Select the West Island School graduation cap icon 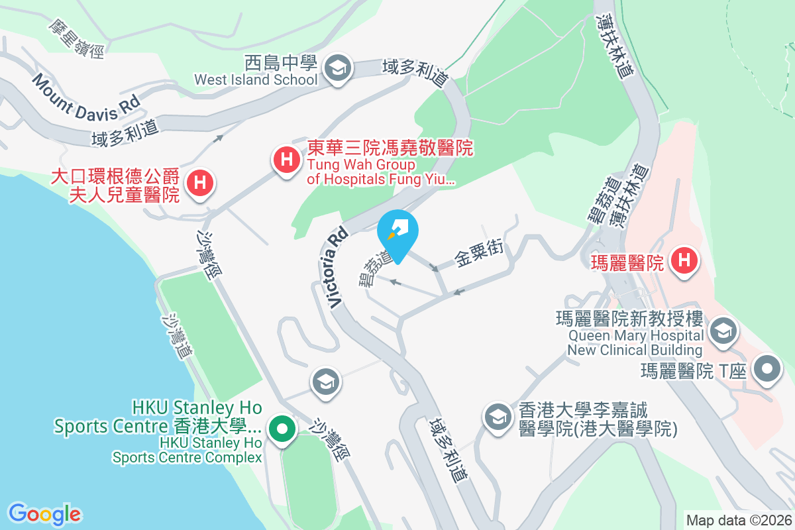coord(338,68)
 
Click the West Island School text coord(256,79)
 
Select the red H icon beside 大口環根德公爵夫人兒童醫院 coord(199,182)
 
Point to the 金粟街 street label coord(479,253)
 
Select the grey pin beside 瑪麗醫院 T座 coord(767,369)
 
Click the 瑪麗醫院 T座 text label coord(694,370)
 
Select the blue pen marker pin coord(397,233)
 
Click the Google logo coord(44,513)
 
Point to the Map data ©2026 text coord(739,520)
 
